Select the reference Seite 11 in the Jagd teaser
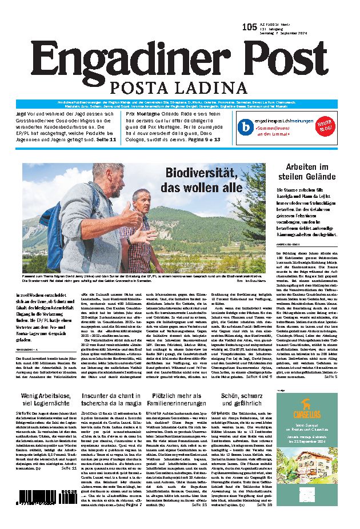click(105, 139)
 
